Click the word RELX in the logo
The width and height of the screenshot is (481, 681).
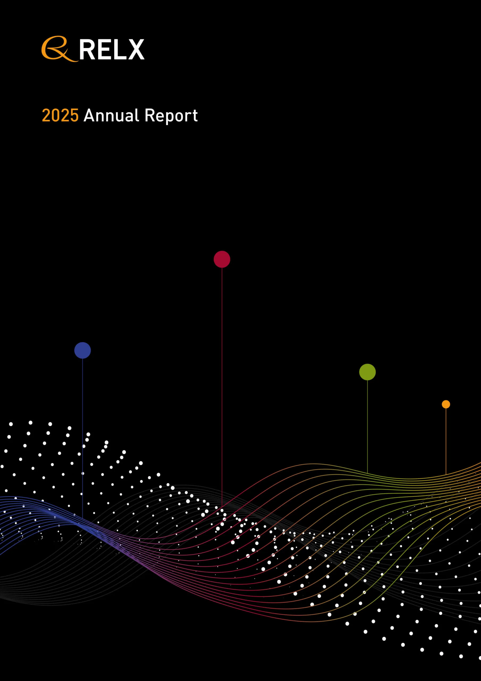tap(111, 49)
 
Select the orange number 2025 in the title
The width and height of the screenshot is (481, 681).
tap(60, 115)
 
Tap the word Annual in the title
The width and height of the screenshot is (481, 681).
tap(111, 115)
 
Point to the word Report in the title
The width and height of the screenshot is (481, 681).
tap(171, 115)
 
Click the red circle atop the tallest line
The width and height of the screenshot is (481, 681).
tap(222, 259)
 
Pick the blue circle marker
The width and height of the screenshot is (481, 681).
tap(82, 350)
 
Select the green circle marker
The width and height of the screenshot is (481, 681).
tap(368, 372)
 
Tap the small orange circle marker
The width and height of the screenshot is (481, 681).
tap(446, 404)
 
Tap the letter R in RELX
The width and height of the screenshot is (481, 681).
tap(87, 49)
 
